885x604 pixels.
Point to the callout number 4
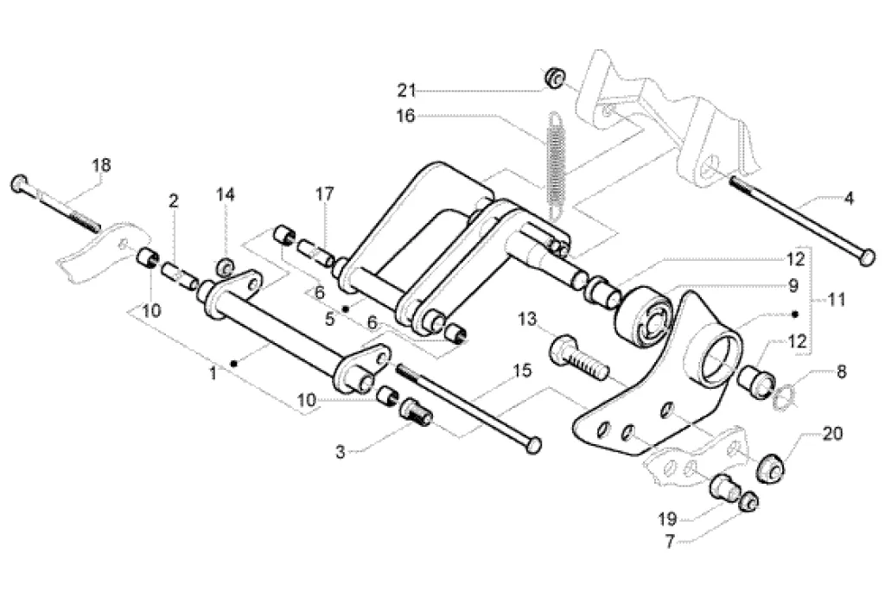coord(849,199)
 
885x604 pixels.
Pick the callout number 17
coord(323,194)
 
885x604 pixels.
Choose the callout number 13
coord(528,321)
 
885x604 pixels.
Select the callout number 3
coord(341,450)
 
